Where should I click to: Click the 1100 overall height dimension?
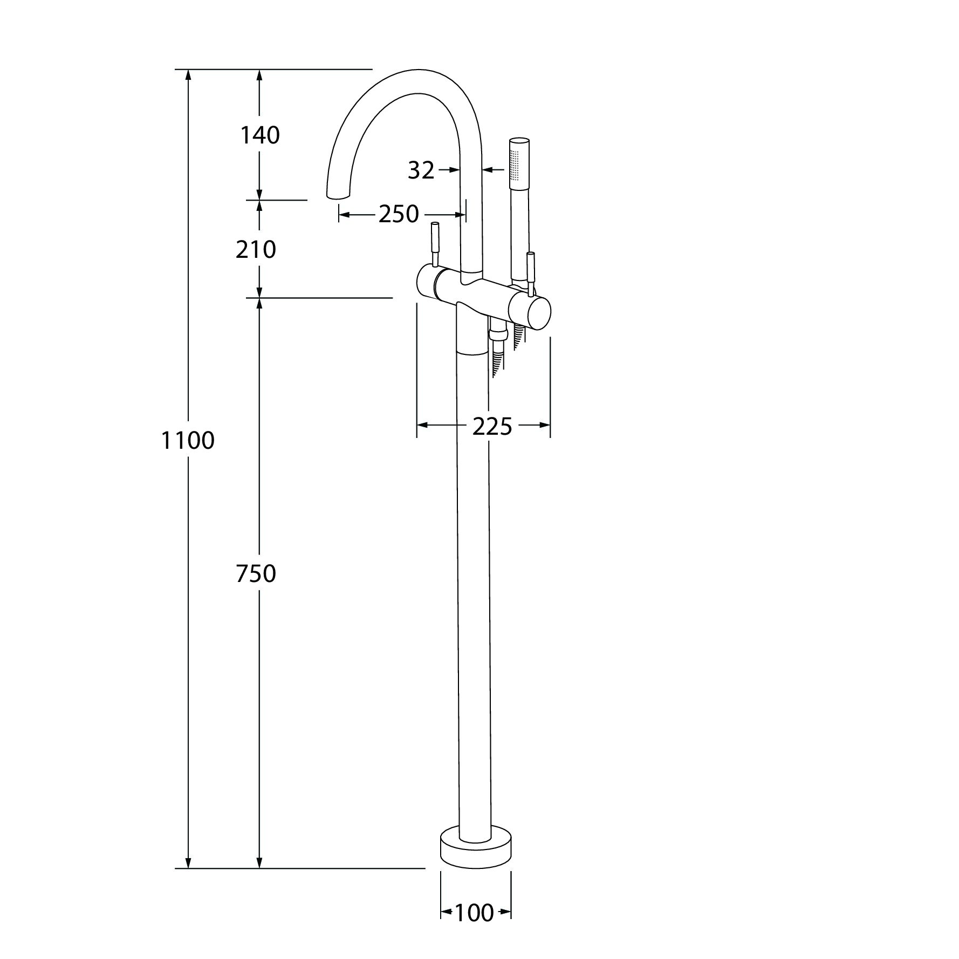tap(188, 441)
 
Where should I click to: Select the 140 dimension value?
tap(260, 135)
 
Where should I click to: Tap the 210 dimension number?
tap(256, 249)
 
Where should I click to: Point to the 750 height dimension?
tap(256, 574)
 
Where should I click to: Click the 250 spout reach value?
tap(398, 214)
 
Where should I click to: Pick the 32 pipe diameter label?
tap(421, 170)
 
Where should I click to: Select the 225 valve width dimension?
tap(492, 427)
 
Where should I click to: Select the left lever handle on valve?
tap(435, 243)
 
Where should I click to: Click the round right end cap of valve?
tap(539, 312)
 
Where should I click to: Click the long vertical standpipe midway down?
tap(473, 593)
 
